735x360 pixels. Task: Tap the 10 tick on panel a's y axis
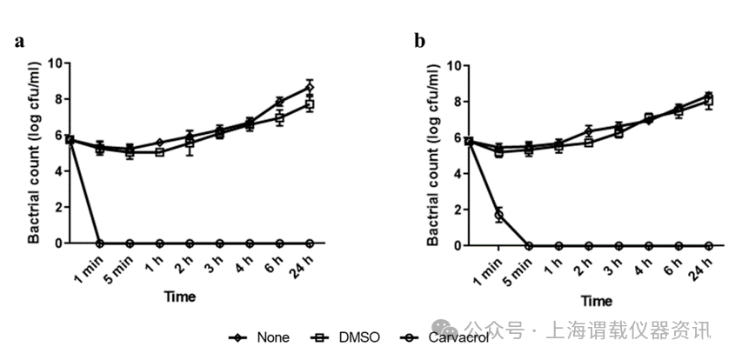(x=56, y=63)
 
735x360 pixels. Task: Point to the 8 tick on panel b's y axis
(x=462, y=101)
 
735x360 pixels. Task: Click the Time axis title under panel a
(x=180, y=297)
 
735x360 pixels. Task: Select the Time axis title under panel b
(x=597, y=301)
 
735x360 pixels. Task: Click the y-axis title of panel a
(x=33, y=152)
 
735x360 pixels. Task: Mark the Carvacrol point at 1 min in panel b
(x=498, y=214)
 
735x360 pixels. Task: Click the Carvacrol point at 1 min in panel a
(x=100, y=243)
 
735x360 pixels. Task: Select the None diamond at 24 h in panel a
(x=309, y=87)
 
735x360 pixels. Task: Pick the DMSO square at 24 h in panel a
(x=309, y=104)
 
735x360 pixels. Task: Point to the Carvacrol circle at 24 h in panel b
(x=709, y=245)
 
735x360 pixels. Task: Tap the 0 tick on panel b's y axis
(x=462, y=245)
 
